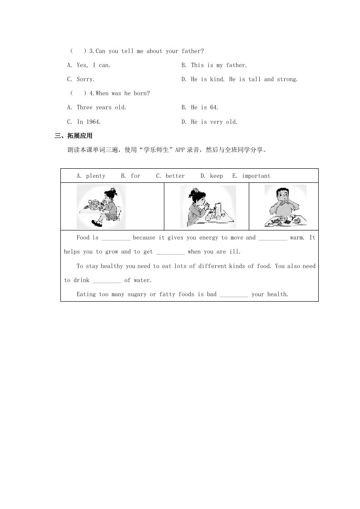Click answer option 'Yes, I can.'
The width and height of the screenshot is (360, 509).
93,65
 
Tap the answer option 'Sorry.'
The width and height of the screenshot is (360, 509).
85,79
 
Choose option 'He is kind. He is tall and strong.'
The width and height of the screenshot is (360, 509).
244,79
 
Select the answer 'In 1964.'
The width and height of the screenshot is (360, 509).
89,122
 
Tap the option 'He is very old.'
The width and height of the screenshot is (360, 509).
214,122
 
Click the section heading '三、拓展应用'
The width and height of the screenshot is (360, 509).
73,136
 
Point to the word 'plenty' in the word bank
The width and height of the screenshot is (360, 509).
95,176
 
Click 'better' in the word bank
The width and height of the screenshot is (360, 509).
175,176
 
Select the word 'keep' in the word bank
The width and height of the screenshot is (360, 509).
217,176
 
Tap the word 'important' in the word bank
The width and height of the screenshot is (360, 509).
256,176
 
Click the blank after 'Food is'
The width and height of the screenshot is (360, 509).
116,238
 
